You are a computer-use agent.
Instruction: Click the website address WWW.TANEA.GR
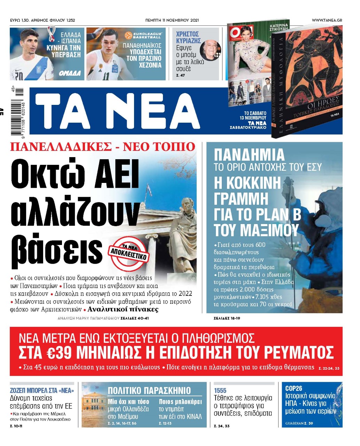(x=327, y=20)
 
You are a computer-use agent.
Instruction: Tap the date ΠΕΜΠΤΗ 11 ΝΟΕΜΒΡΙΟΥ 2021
(x=172, y=20)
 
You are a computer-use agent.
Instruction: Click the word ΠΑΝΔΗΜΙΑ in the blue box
(x=249, y=155)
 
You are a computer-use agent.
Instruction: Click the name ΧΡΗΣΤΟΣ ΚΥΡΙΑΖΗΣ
(x=188, y=37)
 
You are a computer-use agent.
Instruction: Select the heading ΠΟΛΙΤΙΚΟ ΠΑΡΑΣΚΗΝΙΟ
(x=149, y=390)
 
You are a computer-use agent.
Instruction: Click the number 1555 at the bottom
(x=220, y=391)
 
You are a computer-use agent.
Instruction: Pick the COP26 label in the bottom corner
(x=294, y=388)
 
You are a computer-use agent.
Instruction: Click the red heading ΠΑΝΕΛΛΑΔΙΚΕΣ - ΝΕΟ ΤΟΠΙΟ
(x=103, y=147)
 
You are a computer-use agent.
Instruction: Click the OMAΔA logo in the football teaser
(x=70, y=73)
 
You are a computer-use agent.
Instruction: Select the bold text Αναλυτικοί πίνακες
(x=123, y=309)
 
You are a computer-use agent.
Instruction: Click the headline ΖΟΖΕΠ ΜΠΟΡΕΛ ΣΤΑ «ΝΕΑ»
(x=42, y=391)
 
